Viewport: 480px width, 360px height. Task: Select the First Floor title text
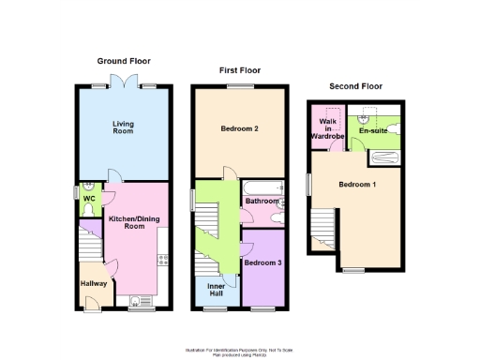(x=239, y=70)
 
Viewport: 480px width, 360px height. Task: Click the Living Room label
(x=124, y=127)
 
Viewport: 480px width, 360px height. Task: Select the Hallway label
(x=93, y=282)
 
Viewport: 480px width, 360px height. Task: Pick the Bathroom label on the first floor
(x=262, y=202)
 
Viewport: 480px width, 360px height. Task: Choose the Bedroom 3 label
(x=262, y=263)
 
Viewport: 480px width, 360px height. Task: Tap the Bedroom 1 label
(x=357, y=184)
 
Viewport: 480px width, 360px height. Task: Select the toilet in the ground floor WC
(x=87, y=212)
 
